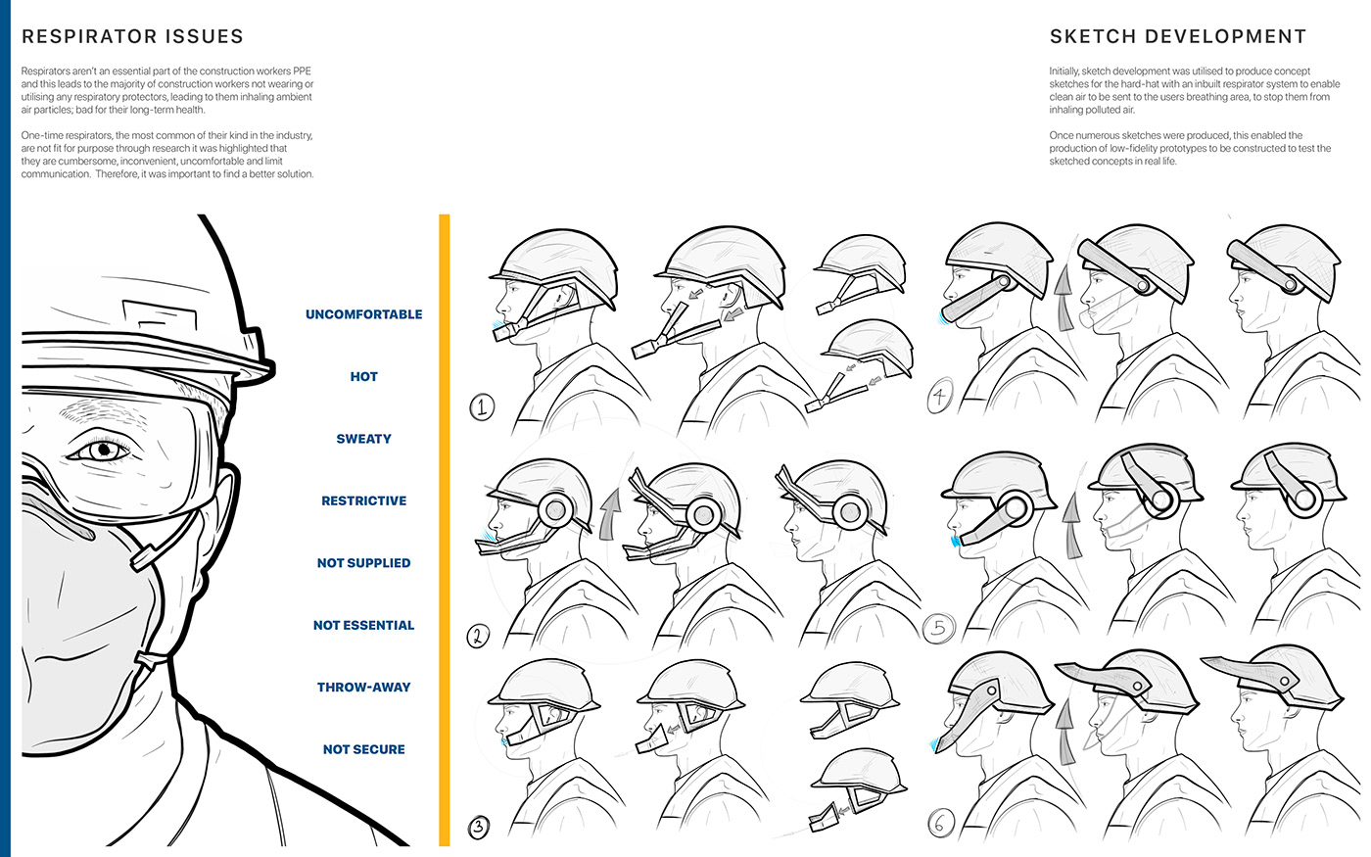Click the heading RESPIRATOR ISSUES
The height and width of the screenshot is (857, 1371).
(132, 37)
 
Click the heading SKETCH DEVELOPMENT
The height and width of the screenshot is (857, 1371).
(1177, 37)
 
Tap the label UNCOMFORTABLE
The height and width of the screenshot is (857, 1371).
(363, 314)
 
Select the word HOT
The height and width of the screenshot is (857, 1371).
(363, 376)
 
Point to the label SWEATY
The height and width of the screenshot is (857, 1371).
(363, 439)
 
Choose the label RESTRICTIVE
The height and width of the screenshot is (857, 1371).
(363, 500)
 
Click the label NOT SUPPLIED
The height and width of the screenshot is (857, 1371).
(363, 563)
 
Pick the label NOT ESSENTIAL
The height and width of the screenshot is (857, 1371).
(363, 625)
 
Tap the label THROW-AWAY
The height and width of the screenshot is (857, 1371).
(363, 688)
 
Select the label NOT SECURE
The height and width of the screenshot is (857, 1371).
(363, 749)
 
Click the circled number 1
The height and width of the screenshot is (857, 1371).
(482, 406)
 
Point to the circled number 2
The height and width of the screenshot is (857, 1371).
(478, 637)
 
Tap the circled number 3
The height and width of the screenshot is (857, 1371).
(478, 827)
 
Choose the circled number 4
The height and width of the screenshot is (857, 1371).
(940, 397)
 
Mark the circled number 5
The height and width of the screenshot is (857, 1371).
(938, 628)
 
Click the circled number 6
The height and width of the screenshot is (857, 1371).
(939, 824)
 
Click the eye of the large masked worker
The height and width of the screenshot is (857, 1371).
(102, 451)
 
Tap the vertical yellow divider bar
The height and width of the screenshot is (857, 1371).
(445, 529)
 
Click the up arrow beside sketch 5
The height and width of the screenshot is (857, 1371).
(1073, 524)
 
